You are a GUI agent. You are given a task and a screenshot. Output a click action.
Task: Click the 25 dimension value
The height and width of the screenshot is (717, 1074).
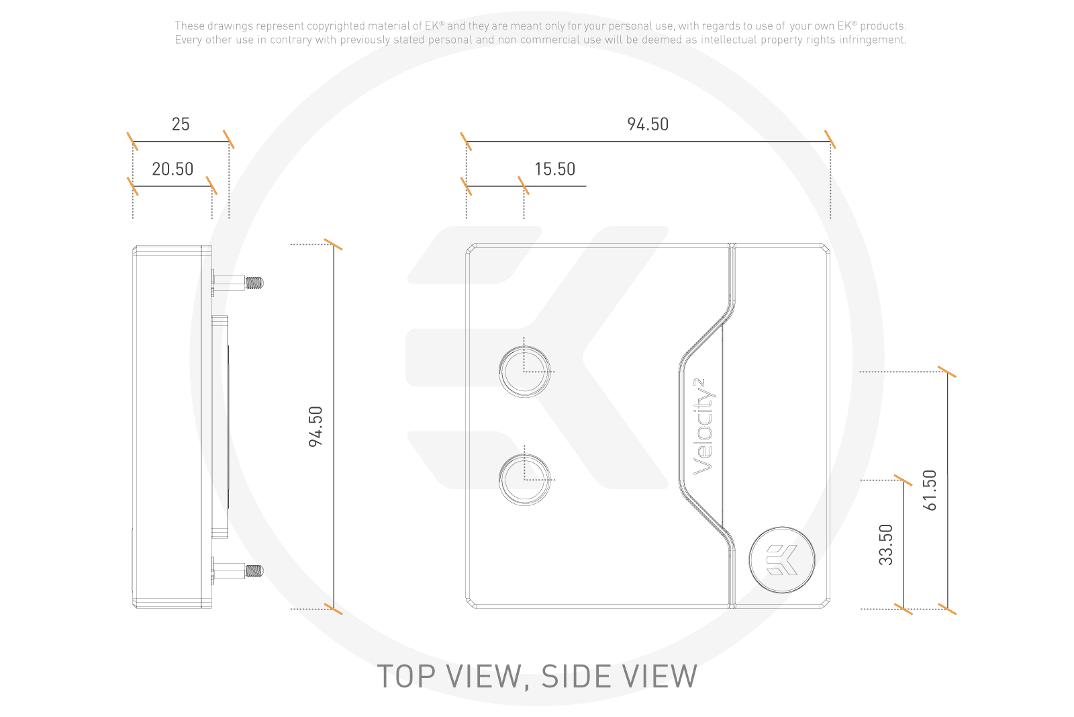click(x=181, y=124)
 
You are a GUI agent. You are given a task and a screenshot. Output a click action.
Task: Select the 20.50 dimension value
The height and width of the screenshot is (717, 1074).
click(x=173, y=169)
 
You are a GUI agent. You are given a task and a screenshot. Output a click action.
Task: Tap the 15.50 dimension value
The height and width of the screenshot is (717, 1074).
click(x=554, y=169)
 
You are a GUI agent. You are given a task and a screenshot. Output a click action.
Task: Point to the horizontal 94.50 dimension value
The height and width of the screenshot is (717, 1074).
click(x=648, y=124)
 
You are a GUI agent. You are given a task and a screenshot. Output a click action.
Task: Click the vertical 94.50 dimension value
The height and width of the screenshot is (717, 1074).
click(x=316, y=427)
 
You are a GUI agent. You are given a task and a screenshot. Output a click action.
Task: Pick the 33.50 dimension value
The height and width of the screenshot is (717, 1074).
click(x=886, y=544)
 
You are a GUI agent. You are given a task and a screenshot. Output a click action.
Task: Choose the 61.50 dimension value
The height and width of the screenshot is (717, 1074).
click(x=930, y=491)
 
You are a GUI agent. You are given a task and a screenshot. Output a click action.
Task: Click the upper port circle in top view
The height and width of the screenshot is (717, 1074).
click(x=524, y=371)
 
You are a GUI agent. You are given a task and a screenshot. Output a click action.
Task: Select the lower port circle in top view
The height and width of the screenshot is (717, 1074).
click(x=524, y=479)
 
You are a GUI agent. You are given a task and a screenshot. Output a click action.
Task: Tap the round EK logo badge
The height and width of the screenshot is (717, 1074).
click(x=782, y=560)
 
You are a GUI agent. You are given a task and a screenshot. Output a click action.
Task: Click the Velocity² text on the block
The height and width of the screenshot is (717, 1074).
click(x=703, y=427)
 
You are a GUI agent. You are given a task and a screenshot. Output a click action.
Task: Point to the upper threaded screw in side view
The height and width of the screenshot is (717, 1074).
click(x=253, y=283)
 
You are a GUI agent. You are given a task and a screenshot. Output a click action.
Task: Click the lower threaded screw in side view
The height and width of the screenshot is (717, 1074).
click(x=253, y=571)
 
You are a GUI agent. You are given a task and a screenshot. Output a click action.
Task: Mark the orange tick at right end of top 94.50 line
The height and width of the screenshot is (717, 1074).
click(x=831, y=140)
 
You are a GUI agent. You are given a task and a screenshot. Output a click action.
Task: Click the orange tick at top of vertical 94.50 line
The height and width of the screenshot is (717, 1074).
click(x=333, y=244)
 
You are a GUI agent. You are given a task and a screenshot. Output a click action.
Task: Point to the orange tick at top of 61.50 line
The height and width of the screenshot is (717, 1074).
click(x=947, y=372)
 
